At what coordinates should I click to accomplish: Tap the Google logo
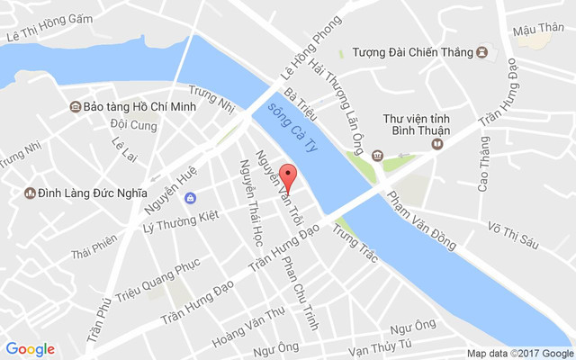tap(30, 349)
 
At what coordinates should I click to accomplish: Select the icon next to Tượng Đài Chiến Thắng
tap(482, 51)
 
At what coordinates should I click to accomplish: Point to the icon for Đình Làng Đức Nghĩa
tap(29, 193)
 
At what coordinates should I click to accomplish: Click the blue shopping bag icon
tap(189, 198)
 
